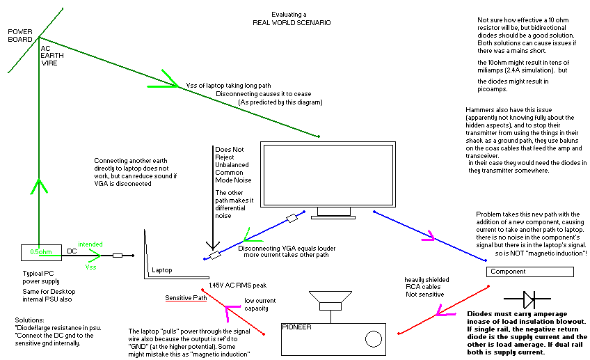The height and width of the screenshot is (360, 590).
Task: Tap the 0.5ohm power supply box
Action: tap(40, 251)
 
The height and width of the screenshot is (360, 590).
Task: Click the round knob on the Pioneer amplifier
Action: tap(373, 340)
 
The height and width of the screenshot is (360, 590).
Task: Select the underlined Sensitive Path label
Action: tap(186, 298)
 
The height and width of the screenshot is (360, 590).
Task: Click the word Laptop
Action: tap(162, 269)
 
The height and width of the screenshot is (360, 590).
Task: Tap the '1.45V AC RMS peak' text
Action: tap(239, 285)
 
